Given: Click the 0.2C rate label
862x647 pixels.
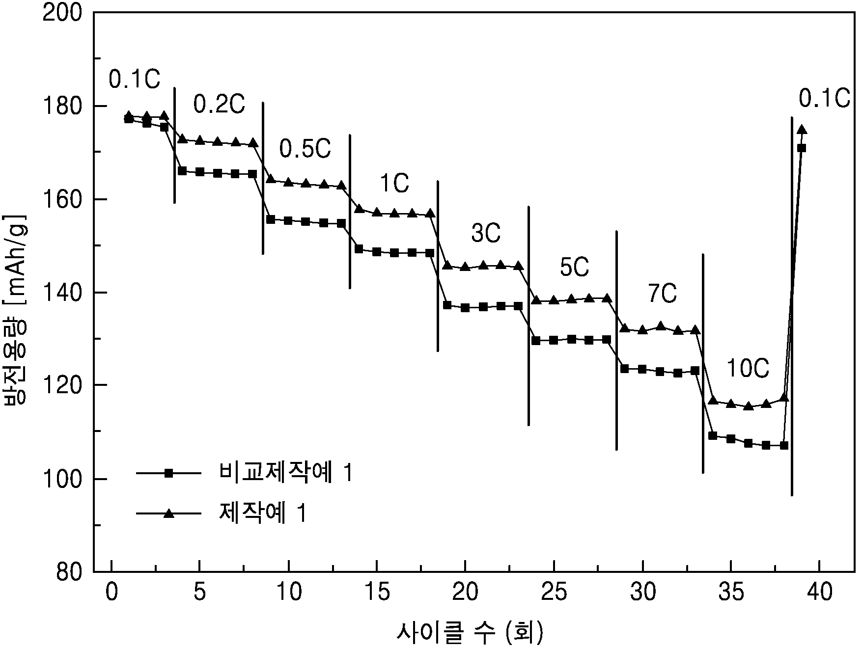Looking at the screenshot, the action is pos(219,104).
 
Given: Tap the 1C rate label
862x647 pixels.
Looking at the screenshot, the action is pos(394,183).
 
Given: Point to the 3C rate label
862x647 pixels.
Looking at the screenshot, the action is pos(486,234).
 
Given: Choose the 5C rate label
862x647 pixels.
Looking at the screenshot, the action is pos(574,268).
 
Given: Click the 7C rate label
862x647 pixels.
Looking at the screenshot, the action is pos(662,294).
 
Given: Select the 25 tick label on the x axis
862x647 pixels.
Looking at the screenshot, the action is pos(554,593).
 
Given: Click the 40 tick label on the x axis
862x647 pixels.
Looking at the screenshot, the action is pos(819,593).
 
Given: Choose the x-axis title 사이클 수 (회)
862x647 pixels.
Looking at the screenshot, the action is pos(470,633).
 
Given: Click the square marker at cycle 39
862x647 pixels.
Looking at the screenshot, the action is pos(802,148).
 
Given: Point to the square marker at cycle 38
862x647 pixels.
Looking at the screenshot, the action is pos(784,445).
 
